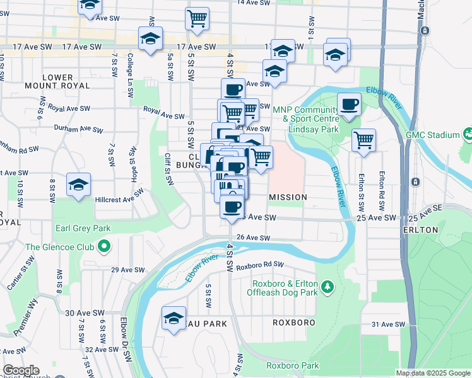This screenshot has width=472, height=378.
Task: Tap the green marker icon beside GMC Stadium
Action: [x=467, y=134]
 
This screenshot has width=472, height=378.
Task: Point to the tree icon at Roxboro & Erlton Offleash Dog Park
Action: [x=327, y=288]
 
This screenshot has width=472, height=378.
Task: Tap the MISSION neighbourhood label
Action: [x=288, y=197]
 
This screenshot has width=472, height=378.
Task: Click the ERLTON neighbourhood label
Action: [x=419, y=230]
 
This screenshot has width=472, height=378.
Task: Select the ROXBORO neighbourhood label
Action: [x=293, y=322]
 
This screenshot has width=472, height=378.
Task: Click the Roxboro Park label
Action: [x=292, y=365]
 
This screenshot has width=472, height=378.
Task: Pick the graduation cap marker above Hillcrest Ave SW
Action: [x=78, y=185]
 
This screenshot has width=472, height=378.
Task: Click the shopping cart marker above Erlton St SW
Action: [x=363, y=140]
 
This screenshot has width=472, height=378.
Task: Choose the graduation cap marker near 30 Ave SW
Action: [x=174, y=318]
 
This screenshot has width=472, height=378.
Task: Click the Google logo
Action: [x=20, y=370]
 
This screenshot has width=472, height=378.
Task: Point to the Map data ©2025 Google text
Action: [x=433, y=373]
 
